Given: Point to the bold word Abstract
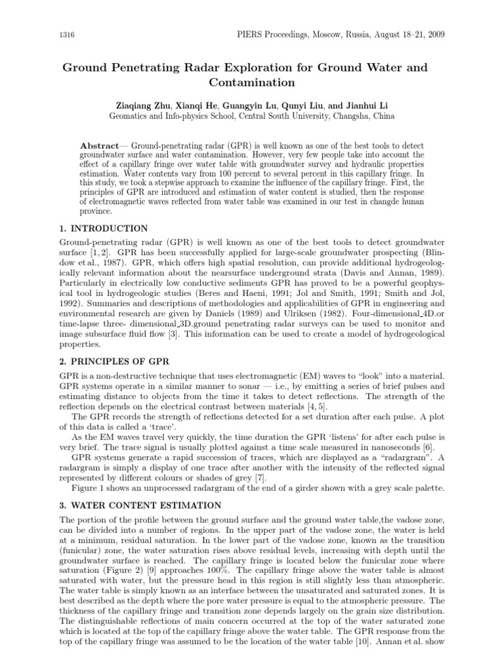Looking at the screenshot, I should point(98,144).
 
